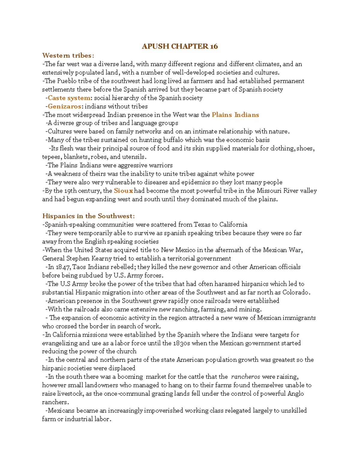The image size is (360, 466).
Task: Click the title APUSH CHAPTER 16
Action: click(x=180, y=46)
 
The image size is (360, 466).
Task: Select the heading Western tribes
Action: click(x=68, y=56)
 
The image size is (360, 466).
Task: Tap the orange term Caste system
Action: click(x=69, y=98)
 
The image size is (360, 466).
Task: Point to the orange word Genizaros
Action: click(x=64, y=106)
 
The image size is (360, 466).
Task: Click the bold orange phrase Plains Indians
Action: click(x=235, y=115)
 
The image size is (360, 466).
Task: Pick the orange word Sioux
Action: click(x=123, y=191)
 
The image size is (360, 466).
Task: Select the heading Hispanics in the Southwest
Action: click(x=88, y=216)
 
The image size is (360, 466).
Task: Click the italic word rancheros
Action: click(x=245, y=377)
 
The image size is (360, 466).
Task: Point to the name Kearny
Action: click(x=102, y=258)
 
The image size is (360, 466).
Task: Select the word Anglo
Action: click(x=295, y=394)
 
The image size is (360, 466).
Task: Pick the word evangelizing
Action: click(x=60, y=343)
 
